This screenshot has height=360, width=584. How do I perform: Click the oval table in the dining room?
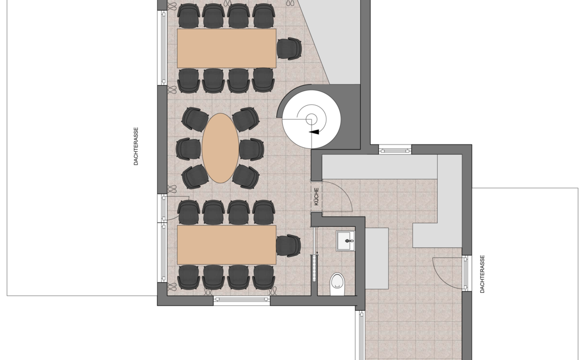221,148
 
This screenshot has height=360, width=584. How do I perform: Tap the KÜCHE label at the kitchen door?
316,196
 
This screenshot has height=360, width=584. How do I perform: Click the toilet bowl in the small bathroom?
338,284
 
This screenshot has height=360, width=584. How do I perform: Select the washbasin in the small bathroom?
345,241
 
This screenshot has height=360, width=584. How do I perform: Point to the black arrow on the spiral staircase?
314,132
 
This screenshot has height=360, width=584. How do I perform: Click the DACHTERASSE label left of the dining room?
136,146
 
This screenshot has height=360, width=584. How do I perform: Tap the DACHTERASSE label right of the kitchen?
482,274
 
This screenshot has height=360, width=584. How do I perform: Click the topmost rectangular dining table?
227,48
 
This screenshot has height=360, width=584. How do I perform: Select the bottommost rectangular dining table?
227,244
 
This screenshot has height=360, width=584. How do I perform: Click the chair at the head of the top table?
289,49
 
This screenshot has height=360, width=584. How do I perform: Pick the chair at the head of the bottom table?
288,245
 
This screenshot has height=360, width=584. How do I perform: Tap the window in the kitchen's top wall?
395,151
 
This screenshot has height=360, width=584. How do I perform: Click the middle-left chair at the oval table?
188,148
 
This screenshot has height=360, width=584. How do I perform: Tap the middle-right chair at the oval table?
252,149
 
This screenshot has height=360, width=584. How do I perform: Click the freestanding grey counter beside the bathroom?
377,259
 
